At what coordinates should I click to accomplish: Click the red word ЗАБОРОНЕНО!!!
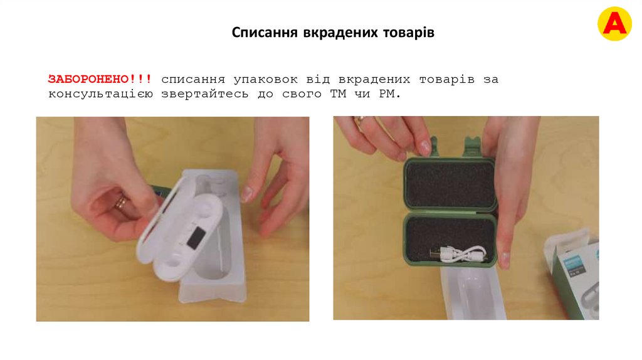100,79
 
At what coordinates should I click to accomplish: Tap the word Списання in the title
265,33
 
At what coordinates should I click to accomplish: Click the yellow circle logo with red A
614,24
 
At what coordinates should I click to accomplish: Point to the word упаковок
266,80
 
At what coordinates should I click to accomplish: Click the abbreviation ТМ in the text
338,94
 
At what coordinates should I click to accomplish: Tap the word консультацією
100,95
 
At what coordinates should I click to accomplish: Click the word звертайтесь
205,95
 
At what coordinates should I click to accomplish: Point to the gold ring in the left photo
122,203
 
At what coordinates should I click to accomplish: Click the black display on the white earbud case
196,238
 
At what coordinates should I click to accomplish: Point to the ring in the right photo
360,121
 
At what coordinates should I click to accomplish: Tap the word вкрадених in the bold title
340,33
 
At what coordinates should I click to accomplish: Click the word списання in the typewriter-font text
193,80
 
